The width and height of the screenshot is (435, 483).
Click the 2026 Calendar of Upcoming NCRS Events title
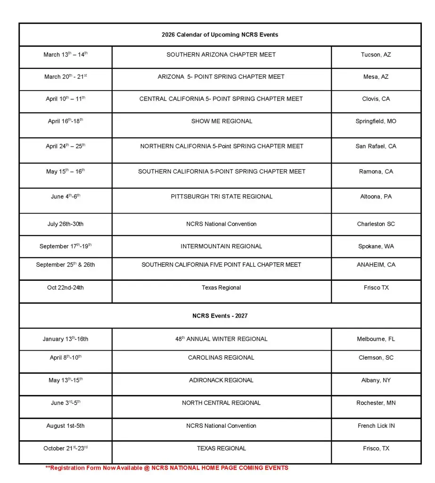tap(220, 35)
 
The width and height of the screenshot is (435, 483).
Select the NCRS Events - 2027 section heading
tap(220, 316)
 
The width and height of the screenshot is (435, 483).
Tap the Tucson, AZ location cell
tap(376, 55)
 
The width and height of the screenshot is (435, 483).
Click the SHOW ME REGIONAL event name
tap(222, 121)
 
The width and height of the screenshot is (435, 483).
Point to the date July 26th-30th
tap(65, 224)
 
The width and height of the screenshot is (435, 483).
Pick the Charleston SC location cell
tap(376, 224)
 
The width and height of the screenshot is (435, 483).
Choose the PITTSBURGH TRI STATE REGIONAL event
tap(222, 196)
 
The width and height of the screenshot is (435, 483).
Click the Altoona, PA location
tap(376, 196)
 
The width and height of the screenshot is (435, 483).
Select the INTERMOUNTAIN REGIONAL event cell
tap(222, 246)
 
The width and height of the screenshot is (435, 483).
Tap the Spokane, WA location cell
tap(376, 246)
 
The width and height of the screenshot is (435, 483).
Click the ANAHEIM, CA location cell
tap(376, 265)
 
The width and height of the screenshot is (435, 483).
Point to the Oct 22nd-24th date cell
tap(65, 287)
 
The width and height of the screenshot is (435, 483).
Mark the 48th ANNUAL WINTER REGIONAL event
tap(222, 339)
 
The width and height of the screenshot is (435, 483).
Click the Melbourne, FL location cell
tap(376, 339)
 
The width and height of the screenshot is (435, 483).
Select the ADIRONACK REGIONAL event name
tap(222, 380)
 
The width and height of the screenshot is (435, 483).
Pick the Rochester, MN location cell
tap(376, 403)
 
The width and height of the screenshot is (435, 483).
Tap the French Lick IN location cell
tap(376, 426)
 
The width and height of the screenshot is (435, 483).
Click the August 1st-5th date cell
tap(65, 426)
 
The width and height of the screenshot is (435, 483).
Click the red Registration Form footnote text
tap(167, 468)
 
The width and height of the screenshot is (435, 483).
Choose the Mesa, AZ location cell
tap(376, 77)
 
